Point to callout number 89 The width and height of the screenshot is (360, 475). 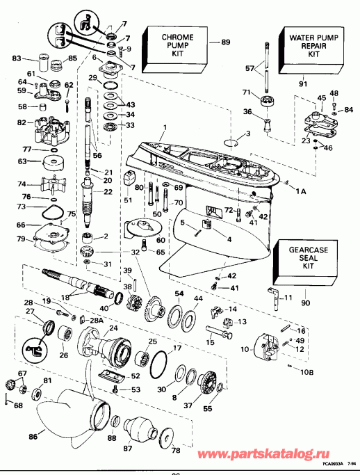[x=224, y=43]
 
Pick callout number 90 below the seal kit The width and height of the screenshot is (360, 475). [x=306, y=303]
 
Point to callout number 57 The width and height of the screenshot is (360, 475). [x=250, y=68]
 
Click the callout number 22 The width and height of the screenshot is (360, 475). [x=108, y=192]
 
